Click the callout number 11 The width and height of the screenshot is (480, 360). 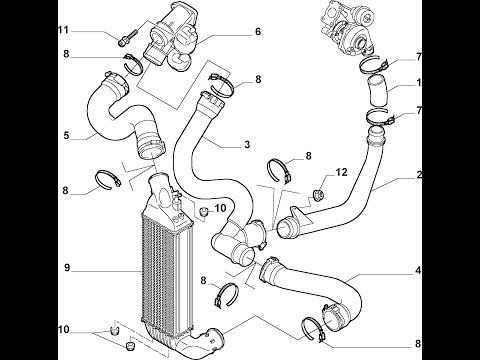point(63,30)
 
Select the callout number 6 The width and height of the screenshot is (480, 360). point(258,32)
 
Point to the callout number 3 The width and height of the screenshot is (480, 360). point(247,144)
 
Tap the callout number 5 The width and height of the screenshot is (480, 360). point(66,136)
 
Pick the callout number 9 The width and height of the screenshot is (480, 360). point(67,268)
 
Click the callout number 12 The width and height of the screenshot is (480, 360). point(341,172)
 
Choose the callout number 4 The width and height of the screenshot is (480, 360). point(418,271)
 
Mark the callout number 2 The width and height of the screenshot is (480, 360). point(419,174)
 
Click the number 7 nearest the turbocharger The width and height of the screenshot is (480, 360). point(419,57)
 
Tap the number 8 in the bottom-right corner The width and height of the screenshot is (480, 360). point(418,344)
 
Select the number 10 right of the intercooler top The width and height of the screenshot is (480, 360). point(220,208)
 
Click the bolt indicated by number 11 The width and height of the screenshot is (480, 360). point(128,37)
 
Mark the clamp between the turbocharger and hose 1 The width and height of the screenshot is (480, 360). point(374,65)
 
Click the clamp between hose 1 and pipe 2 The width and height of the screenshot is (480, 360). point(380,118)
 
